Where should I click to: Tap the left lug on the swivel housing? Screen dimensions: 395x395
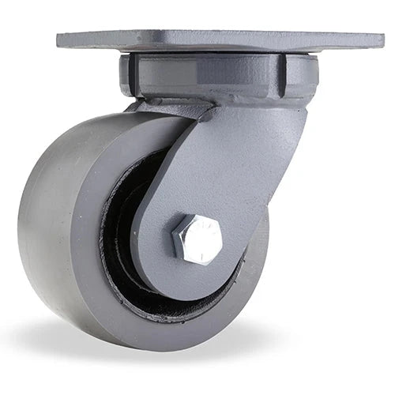pyautogui.click(x=126, y=75)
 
